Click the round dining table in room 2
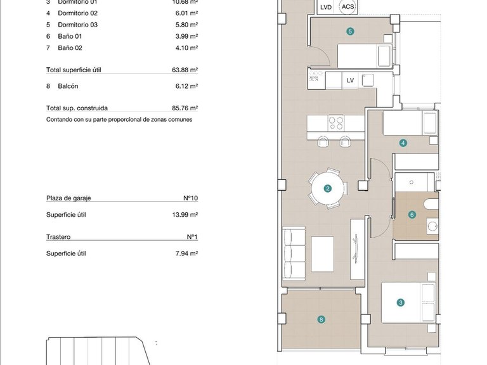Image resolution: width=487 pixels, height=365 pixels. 328,188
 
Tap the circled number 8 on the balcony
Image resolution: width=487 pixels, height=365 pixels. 322,320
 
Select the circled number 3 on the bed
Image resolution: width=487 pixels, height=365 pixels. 401,303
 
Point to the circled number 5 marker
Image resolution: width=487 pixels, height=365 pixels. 350,31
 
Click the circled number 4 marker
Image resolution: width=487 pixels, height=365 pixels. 403,143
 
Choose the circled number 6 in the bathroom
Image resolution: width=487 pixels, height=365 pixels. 412,215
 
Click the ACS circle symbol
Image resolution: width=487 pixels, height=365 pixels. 347,7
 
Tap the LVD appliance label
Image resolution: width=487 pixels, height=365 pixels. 326,7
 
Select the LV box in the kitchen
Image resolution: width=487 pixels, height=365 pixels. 350,80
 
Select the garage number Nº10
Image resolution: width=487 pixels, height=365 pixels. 190,198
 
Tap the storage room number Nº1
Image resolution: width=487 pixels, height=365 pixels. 192,237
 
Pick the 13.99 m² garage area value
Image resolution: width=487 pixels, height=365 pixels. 185,215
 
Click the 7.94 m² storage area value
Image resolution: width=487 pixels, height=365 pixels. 187,253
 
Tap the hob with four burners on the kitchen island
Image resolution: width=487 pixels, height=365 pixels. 336,122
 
